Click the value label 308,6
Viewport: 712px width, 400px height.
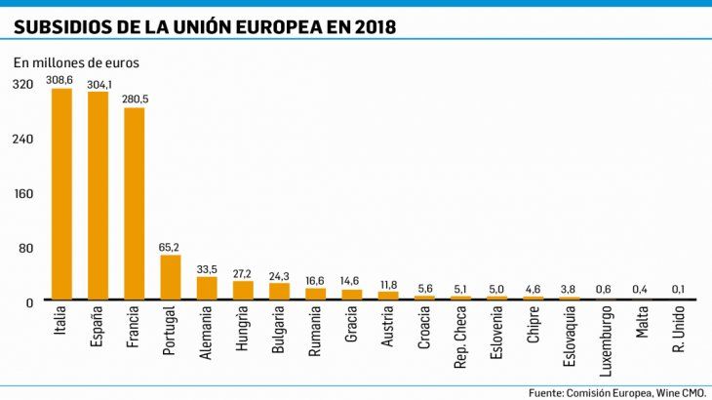(x=61, y=78)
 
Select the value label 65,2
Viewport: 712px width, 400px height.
(x=171, y=248)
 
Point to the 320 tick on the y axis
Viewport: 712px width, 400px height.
(x=22, y=84)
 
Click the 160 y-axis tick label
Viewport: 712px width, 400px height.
(x=22, y=193)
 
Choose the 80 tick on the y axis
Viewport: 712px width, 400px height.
(x=26, y=248)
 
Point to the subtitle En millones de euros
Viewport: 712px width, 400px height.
(x=76, y=62)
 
